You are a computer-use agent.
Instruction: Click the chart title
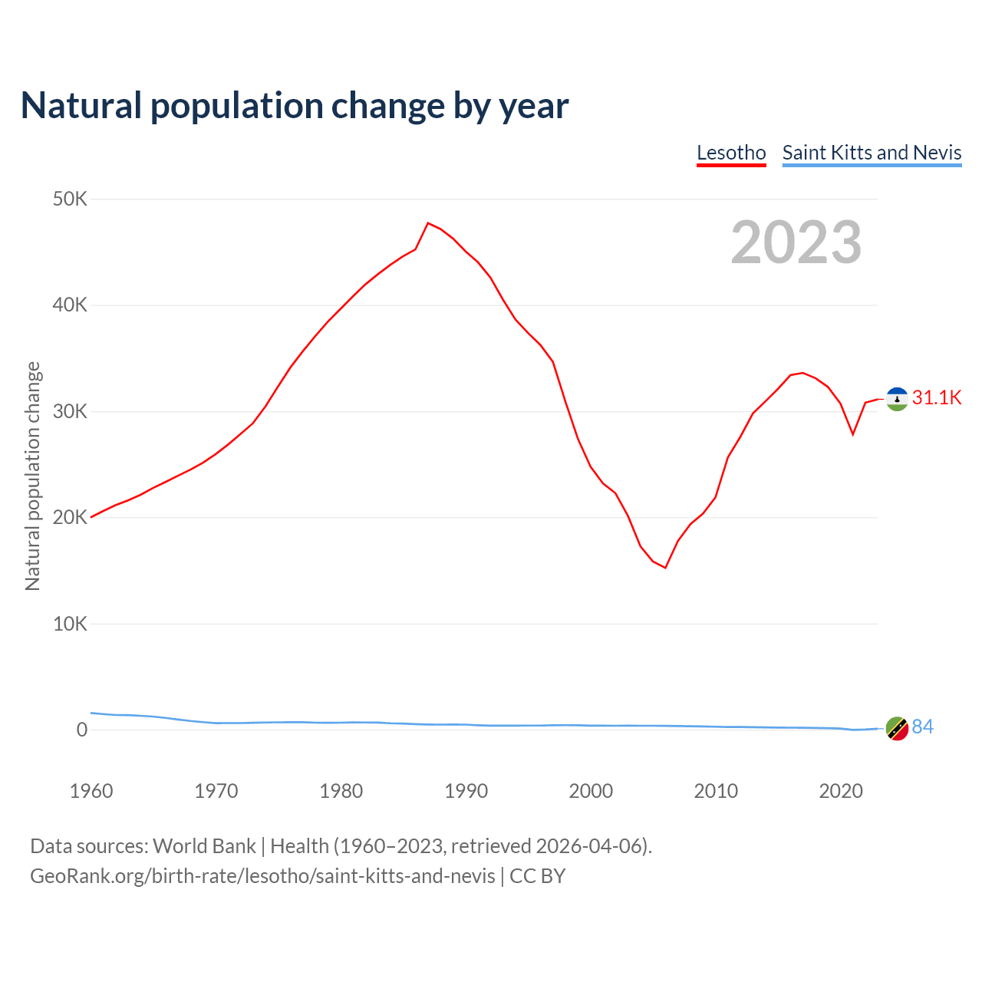pos(295,106)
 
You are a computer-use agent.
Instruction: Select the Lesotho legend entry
pos(731,153)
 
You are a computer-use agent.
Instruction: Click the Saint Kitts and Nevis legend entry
pos(872,153)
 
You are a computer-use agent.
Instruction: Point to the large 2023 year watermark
pos(796,242)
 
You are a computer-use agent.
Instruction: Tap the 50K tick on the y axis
pos(71,199)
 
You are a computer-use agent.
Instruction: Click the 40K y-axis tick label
pos(71,305)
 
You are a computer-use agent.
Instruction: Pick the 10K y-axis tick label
pos(71,624)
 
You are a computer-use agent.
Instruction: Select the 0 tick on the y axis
pos(82,730)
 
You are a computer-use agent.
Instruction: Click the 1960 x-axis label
pos(91,791)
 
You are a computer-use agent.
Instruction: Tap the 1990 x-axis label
pos(466,791)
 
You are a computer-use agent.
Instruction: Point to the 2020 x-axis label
pos(841,791)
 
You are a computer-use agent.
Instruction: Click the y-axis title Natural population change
pos(33,476)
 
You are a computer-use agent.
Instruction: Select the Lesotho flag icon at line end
pos(897,399)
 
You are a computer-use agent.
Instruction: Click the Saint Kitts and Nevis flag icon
pos(897,728)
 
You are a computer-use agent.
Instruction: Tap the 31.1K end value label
pos(937,397)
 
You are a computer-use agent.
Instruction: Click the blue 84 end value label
pos(923,727)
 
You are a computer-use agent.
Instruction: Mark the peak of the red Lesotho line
pos(428,223)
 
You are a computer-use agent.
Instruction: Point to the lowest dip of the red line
pos(665,568)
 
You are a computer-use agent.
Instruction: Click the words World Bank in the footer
pos(204,846)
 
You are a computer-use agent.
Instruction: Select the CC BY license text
pos(537,876)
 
